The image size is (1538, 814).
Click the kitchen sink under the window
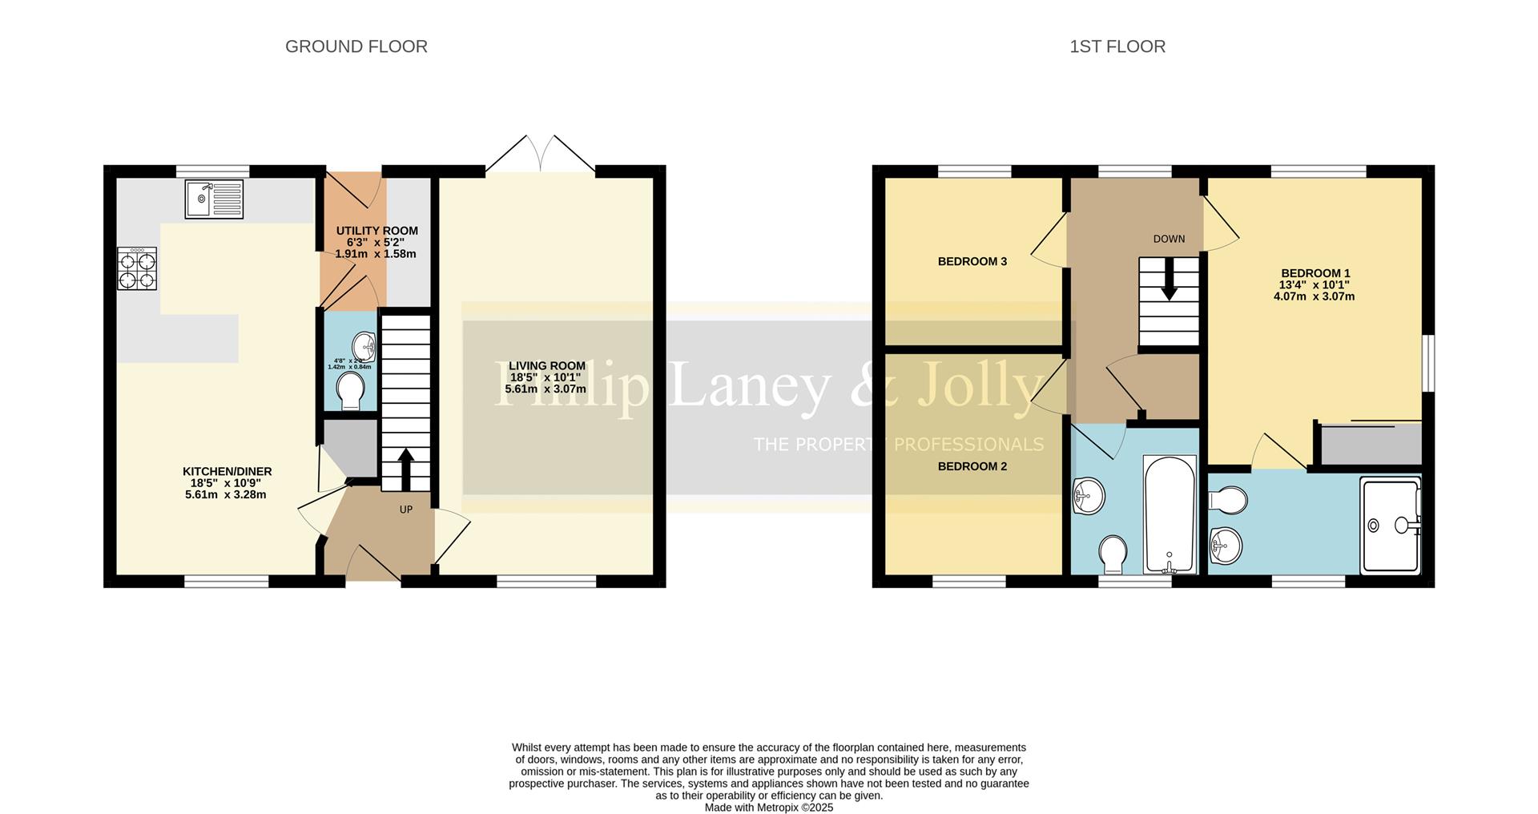[x=214, y=199]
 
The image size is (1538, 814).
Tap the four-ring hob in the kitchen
[x=137, y=268]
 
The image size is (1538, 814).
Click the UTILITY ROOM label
[x=376, y=231]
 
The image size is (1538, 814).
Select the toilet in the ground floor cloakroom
[x=350, y=390]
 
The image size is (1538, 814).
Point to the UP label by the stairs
[x=406, y=510]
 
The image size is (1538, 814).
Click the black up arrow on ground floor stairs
[x=405, y=469]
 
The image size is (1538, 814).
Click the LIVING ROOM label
[x=546, y=365]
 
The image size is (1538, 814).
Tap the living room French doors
[x=541, y=155]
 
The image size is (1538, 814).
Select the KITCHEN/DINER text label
[x=227, y=471]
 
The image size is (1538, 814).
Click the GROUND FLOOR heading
[x=356, y=46]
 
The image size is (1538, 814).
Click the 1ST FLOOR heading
[x=1117, y=46]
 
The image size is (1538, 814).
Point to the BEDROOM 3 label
[x=972, y=261]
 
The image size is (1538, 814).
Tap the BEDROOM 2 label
[x=972, y=466]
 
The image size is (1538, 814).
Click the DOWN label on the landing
[x=1169, y=239]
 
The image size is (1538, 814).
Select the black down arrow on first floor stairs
[x=1169, y=280]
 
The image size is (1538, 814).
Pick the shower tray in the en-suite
[x=1390, y=525]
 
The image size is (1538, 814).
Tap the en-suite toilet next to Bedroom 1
[x=1228, y=502]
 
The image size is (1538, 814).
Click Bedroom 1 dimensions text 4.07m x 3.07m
[x=1314, y=296]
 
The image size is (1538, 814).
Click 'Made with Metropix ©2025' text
[x=768, y=808]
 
